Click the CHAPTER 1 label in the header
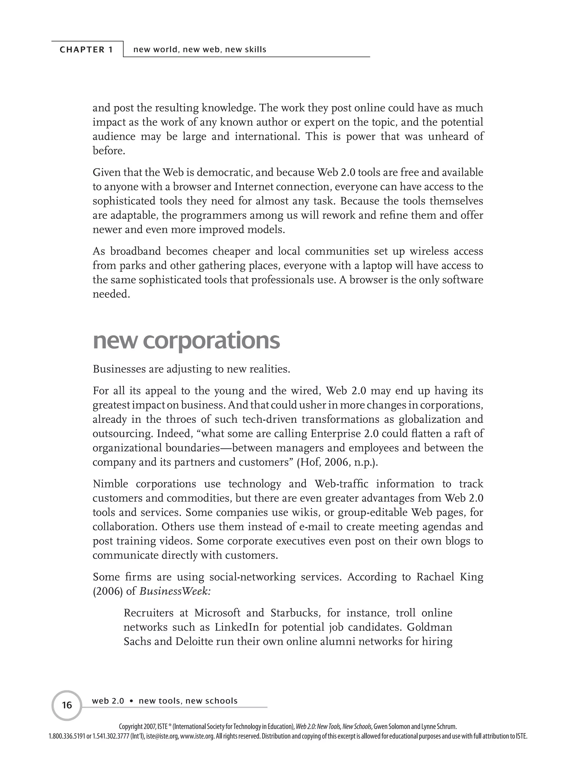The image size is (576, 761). pos(86,49)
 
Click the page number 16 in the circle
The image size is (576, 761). pos(67,705)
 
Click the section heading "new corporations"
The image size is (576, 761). pos(186,341)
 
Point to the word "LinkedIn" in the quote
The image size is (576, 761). pos(237,627)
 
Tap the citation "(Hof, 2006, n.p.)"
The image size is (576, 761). pos(337,462)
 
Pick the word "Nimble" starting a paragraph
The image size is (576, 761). pos(110,484)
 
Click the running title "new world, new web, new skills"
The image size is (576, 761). pos(200,49)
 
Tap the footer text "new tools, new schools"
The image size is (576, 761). pos(188,701)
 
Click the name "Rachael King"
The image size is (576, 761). pos(450,577)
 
